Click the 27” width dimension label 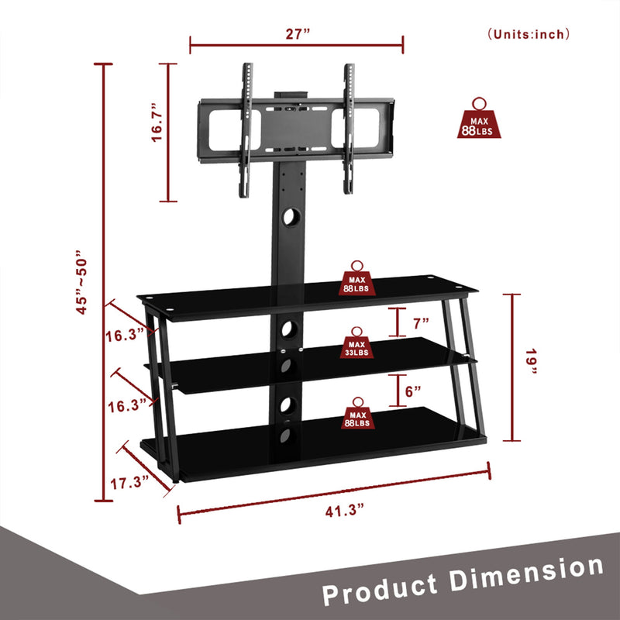(296, 34)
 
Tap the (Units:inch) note (529, 33)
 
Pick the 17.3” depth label (129, 482)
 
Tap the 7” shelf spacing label (421, 322)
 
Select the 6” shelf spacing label (413, 392)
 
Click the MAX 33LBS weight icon (357, 345)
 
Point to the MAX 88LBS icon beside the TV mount (480, 122)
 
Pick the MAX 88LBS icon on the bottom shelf (357, 415)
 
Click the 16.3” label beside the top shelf (126, 335)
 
